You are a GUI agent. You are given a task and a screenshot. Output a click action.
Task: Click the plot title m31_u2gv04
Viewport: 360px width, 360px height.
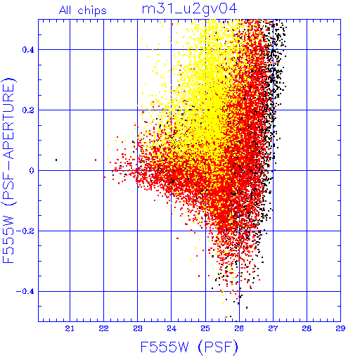[189, 10]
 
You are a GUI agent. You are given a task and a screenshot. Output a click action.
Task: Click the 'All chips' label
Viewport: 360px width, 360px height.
[83, 11]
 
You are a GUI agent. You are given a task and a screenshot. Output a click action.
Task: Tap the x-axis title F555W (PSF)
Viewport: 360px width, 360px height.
[189, 347]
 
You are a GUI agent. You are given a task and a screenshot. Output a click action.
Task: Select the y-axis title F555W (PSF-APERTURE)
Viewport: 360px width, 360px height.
[8, 170]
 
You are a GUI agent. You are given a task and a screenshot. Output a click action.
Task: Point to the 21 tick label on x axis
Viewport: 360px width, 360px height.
[70, 328]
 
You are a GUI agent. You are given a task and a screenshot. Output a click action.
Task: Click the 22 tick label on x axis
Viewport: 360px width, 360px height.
[103, 328]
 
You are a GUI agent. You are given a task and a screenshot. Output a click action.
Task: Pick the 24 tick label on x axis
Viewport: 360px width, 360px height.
[172, 328]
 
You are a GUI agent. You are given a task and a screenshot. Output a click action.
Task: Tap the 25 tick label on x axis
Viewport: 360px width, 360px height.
[205, 328]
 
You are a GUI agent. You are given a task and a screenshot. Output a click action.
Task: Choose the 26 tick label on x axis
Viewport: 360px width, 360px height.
[239, 328]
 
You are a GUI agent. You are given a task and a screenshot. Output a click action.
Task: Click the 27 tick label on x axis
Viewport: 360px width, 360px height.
[273, 328]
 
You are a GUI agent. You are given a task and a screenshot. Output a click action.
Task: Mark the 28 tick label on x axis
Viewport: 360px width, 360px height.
[307, 328]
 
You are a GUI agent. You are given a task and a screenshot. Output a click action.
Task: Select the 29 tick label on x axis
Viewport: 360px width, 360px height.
[340, 328]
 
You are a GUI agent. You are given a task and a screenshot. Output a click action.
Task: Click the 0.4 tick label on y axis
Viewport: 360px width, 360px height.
[28, 50]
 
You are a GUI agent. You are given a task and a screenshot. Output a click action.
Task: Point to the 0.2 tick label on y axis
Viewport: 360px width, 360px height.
[28, 110]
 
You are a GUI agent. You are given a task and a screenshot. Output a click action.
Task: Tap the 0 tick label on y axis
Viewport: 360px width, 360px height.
[32, 171]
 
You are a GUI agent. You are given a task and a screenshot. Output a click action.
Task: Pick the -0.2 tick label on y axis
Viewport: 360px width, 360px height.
[25, 231]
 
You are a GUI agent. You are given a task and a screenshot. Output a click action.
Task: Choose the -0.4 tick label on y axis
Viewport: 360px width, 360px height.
[25, 292]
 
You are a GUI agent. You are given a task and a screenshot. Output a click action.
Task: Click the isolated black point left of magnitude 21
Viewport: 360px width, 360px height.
[56, 160]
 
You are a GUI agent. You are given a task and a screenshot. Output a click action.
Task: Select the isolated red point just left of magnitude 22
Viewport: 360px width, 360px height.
[96, 160]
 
